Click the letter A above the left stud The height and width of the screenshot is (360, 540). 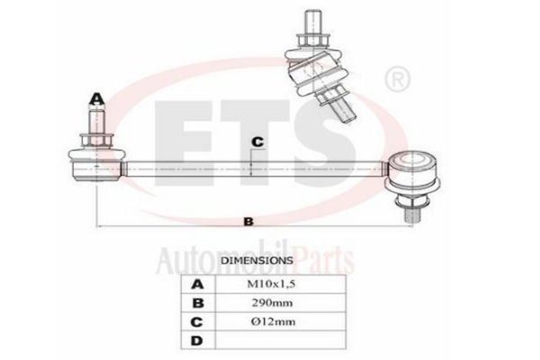pyautogui.click(x=97, y=99)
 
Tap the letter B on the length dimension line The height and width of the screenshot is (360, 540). pyautogui.click(x=248, y=221)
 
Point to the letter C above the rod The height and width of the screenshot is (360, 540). pyautogui.click(x=257, y=141)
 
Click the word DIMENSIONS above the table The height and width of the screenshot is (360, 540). pyautogui.click(x=256, y=260)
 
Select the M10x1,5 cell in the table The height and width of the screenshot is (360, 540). pyautogui.click(x=272, y=284)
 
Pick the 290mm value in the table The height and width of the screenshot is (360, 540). pyautogui.click(x=272, y=302)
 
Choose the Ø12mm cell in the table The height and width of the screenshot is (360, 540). pyautogui.click(x=273, y=321)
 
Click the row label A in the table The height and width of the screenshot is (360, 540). pyautogui.click(x=197, y=284)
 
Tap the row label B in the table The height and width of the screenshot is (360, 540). pyautogui.click(x=198, y=303)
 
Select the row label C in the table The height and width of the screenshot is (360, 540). pyautogui.click(x=196, y=322)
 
